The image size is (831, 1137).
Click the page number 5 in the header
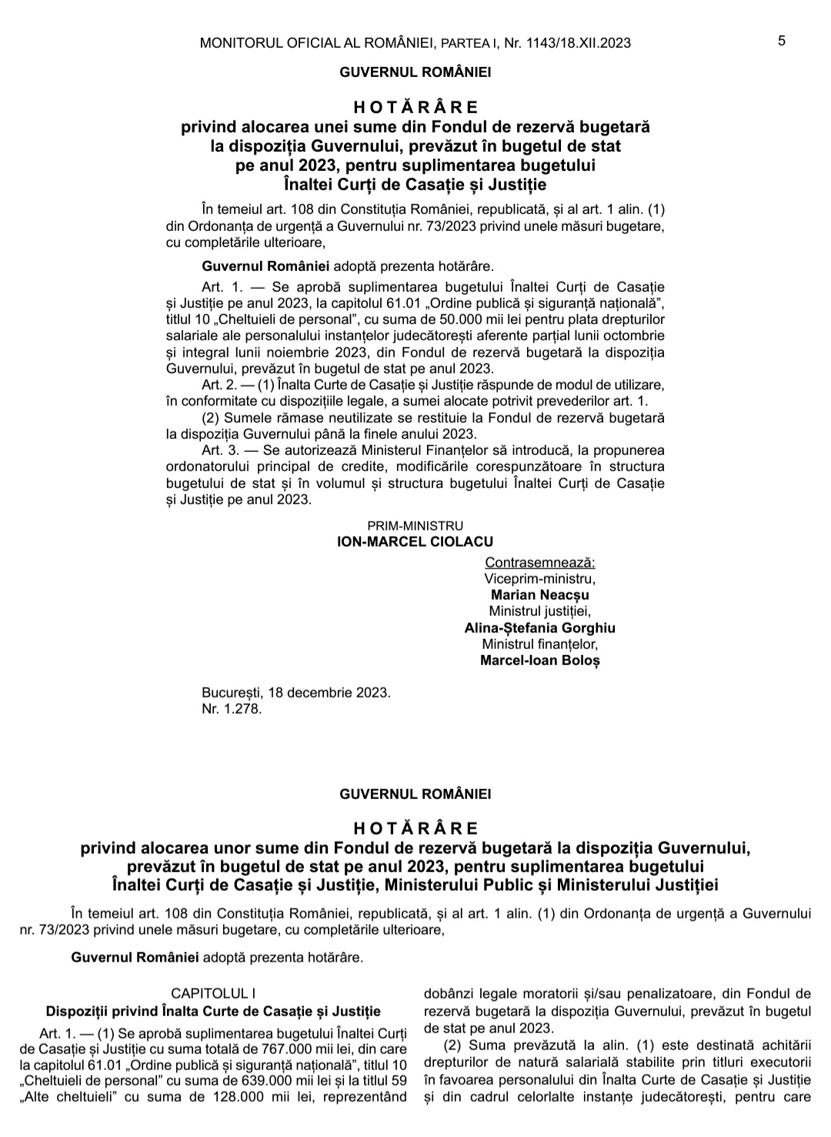[782, 42]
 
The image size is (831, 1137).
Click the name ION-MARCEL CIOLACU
[415, 542]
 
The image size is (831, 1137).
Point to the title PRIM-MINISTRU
[415, 526]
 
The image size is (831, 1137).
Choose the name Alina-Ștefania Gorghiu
[539, 627]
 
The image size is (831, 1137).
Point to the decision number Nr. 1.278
[232, 708]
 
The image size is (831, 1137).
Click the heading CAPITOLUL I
[213, 994]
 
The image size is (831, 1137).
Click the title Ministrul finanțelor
[539, 644]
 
